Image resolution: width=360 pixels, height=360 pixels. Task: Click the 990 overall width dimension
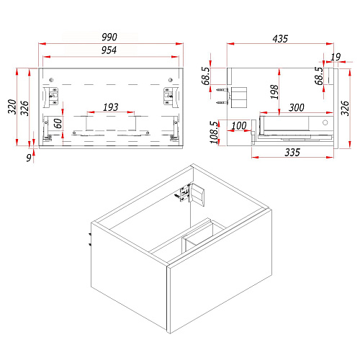pos(109,37)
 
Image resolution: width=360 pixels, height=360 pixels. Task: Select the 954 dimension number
pos(109,50)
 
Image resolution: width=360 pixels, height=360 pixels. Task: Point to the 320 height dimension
pos(12,107)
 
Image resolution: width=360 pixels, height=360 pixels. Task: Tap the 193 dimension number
pos(111,107)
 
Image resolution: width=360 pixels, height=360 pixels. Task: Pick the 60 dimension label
pos(58,123)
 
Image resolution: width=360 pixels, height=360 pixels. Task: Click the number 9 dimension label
pos(29,158)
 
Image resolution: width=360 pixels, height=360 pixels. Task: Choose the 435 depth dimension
pos(280,39)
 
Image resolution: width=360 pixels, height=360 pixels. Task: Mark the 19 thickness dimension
pos(336,57)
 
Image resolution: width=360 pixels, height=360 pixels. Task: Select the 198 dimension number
pos(274,91)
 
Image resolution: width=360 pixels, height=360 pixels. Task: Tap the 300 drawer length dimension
pos(297,107)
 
